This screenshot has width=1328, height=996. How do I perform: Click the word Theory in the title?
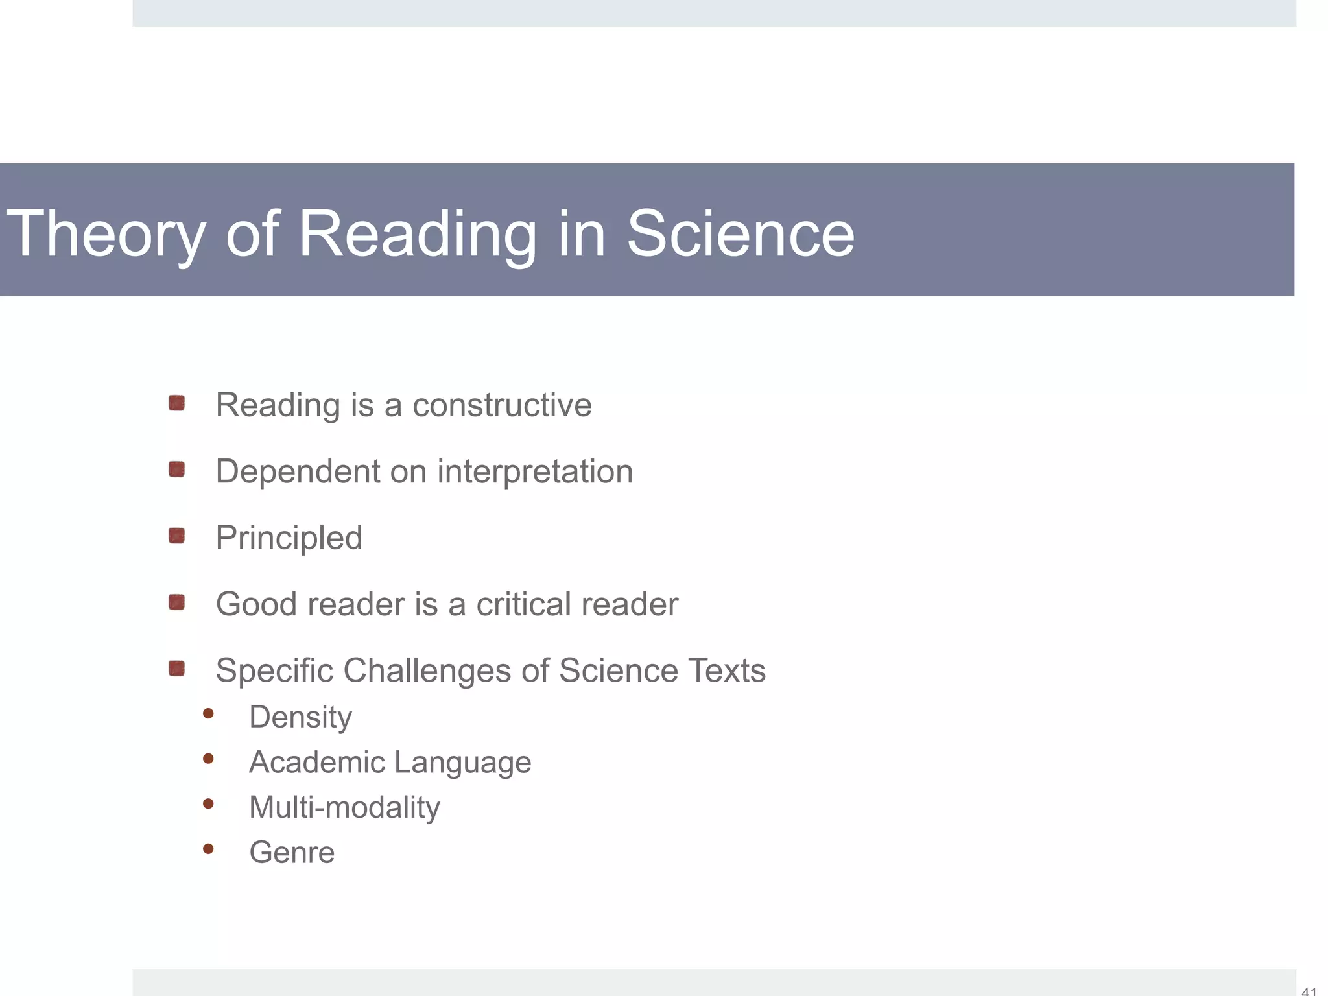pos(106,235)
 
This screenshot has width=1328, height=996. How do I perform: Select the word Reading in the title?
pos(416,235)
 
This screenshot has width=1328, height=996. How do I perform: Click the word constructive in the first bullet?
pos(502,405)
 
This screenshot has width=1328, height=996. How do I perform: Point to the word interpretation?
pos(535,471)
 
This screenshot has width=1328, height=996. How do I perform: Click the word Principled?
pos(289,538)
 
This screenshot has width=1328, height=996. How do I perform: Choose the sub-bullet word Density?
pos(300,718)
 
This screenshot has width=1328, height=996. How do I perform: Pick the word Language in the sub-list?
pos(463,763)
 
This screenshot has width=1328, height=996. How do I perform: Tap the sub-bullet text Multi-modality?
pos(344,808)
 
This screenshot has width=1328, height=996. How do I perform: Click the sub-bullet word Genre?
pos(292,853)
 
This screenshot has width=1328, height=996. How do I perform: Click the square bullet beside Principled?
pos(176,536)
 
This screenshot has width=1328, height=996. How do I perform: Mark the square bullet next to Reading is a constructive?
pos(176,403)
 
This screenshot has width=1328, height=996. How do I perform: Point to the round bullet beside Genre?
pos(208,848)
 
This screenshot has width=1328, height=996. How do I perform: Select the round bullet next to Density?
pos(208,714)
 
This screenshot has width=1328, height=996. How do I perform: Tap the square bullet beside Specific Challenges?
pos(176,669)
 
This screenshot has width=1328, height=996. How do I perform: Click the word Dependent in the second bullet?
pos(297,471)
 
